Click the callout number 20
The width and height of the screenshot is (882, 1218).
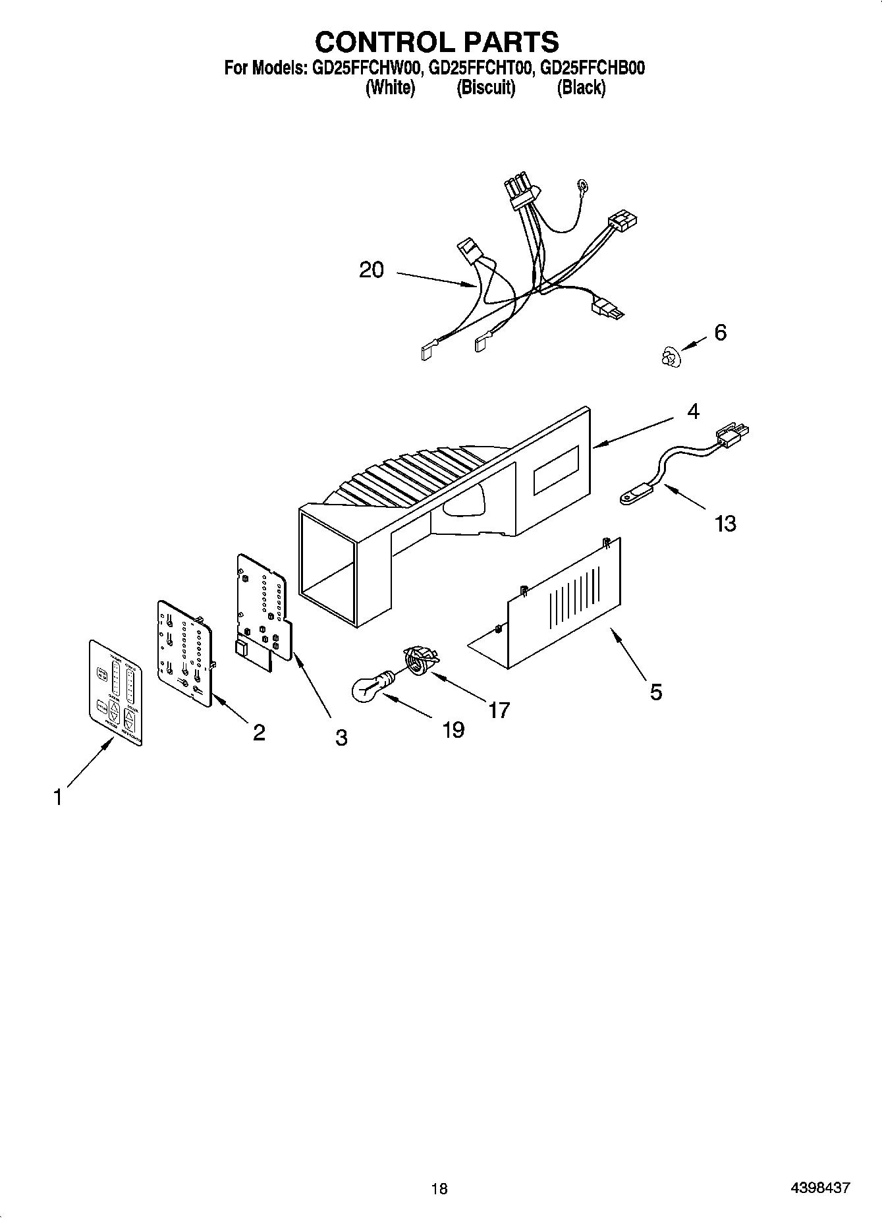pos(371,270)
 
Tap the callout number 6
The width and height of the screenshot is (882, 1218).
pos(720,333)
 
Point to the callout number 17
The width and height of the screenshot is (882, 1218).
pos(499,710)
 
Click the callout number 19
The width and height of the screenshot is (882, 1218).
pos(453,730)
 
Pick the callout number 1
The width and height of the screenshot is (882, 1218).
pos(58,798)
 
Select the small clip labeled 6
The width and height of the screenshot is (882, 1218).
pos(669,358)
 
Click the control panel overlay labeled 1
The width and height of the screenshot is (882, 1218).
pos(115,692)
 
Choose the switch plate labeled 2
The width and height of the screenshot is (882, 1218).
pos(185,652)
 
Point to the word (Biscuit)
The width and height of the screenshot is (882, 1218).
pos(486,87)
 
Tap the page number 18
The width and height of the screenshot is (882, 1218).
pos(439,1188)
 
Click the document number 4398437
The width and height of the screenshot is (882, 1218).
pos(820,1188)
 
